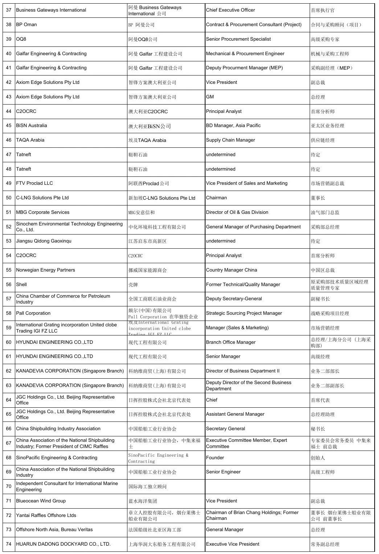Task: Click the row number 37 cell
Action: click(9, 10)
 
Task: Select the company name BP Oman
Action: click(27, 25)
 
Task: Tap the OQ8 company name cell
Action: click(21, 39)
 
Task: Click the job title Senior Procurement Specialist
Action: click(238, 39)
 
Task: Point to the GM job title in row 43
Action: click(210, 97)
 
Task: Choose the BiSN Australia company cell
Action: click(32, 126)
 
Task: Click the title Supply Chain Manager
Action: click(230, 140)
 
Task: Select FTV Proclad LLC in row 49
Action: click(34, 183)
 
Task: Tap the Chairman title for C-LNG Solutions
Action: click(216, 198)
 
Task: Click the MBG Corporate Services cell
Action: click(42, 212)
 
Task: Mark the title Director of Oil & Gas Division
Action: click(237, 212)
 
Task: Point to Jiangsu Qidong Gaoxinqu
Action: click(44, 241)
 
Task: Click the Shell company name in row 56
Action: click(21, 285)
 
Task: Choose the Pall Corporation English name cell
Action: click(33, 313)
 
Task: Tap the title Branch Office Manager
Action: click(231, 342)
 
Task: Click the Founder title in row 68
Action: click(215, 458)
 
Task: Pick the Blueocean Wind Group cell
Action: click(41, 501)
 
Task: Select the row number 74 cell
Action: click(9, 544)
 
